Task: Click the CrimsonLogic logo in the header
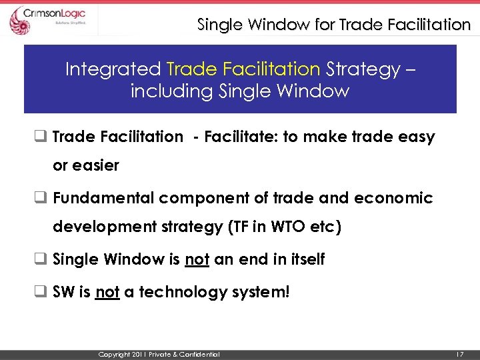coord(51,19)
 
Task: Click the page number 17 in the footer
coord(459,353)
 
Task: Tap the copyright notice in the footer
coord(159,353)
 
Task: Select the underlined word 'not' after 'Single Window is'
coord(197,259)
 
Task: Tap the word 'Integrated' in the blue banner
coord(113,69)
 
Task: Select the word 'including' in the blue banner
coord(172,91)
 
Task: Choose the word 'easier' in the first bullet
coord(86,165)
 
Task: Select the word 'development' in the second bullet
coord(103,227)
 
